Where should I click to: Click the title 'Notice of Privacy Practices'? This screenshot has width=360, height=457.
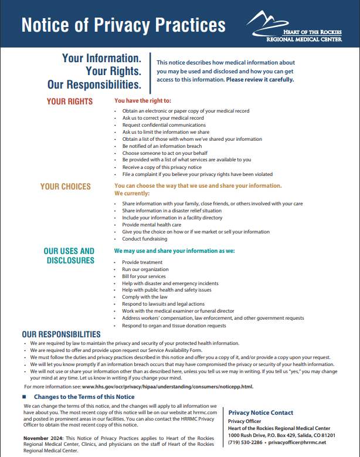(123, 25)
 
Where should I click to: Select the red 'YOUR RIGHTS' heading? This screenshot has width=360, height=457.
(70, 101)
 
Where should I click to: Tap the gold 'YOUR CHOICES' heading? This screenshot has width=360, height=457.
(66, 187)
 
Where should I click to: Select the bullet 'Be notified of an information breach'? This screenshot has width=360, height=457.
(162, 146)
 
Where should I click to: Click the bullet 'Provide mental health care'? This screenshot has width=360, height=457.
(151, 225)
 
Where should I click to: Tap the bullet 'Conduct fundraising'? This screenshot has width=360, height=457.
(144, 239)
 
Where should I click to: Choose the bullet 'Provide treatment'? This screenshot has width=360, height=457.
(142, 262)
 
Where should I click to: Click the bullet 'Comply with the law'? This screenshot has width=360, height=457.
(145, 297)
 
